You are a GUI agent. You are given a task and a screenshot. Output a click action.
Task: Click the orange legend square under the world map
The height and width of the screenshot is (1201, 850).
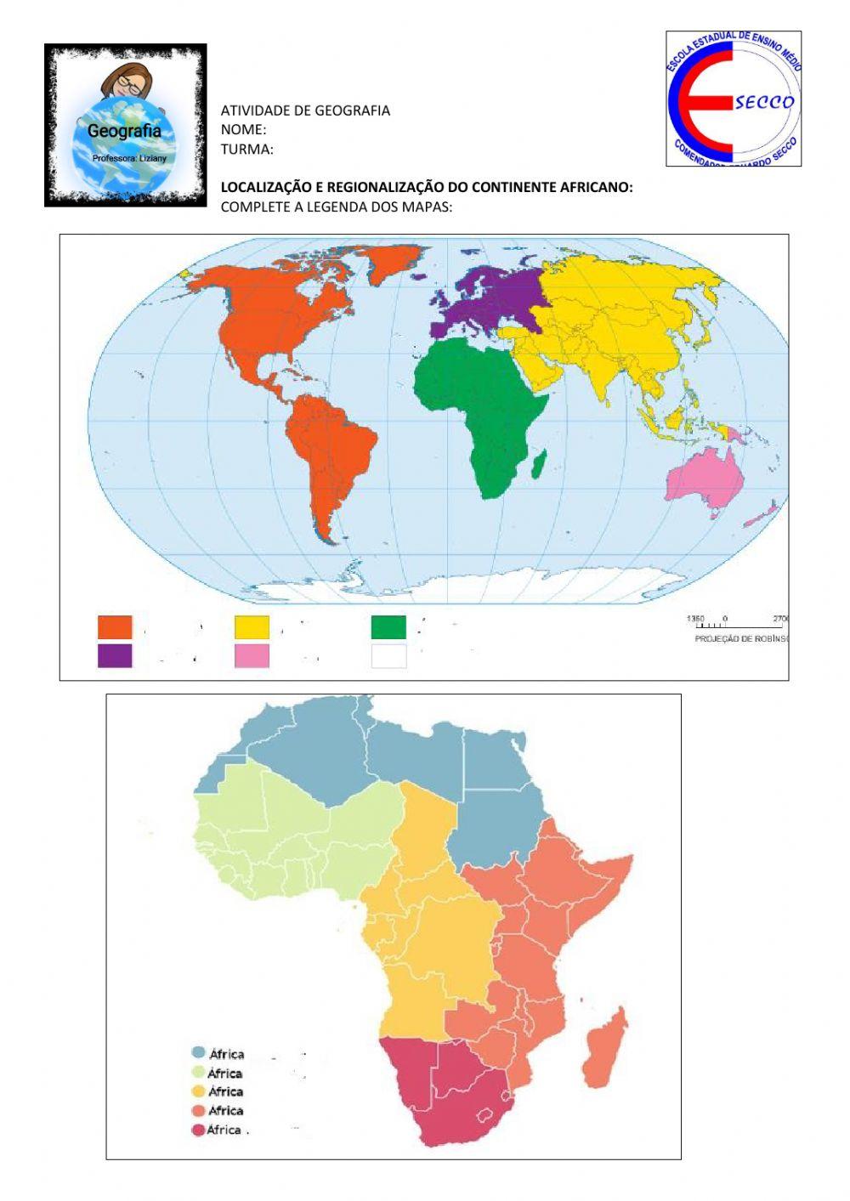point(115,627)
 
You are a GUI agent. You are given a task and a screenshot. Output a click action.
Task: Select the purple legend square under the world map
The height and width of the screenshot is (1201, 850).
point(115,655)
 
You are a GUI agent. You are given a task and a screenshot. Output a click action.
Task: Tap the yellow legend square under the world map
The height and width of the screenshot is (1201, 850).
point(252,627)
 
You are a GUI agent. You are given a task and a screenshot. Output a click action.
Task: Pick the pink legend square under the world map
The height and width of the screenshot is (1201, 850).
point(252,655)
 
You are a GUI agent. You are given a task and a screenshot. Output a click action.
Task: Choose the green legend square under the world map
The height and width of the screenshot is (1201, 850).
point(388,627)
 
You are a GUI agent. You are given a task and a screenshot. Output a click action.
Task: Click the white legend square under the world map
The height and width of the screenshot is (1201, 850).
point(388,655)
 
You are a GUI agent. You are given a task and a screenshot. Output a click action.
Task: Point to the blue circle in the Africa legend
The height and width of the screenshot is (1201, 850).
point(198,1053)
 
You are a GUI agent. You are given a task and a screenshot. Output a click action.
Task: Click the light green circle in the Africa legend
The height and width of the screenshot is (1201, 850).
point(198,1073)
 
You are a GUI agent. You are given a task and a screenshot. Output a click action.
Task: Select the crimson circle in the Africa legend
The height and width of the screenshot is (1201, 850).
point(198,1130)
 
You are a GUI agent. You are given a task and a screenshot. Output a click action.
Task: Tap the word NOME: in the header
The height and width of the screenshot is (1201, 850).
point(243,130)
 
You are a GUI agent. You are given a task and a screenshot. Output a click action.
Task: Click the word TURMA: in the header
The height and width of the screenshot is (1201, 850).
point(246,150)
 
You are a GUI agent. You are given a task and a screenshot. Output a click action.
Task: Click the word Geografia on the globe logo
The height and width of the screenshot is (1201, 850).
point(124,132)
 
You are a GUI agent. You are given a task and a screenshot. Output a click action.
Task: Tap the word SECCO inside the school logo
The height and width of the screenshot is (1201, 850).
point(764,103)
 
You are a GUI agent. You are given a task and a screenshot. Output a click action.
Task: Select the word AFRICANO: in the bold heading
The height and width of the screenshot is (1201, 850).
point(596,187)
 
